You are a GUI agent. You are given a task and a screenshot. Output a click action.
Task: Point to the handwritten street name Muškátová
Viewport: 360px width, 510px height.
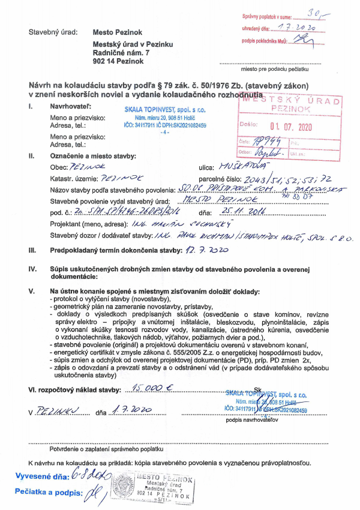(241, 164)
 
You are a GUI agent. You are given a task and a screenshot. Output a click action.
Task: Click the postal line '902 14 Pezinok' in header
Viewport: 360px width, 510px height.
(118, 61)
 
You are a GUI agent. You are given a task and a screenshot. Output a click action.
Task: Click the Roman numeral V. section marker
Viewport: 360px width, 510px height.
(31, 291)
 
